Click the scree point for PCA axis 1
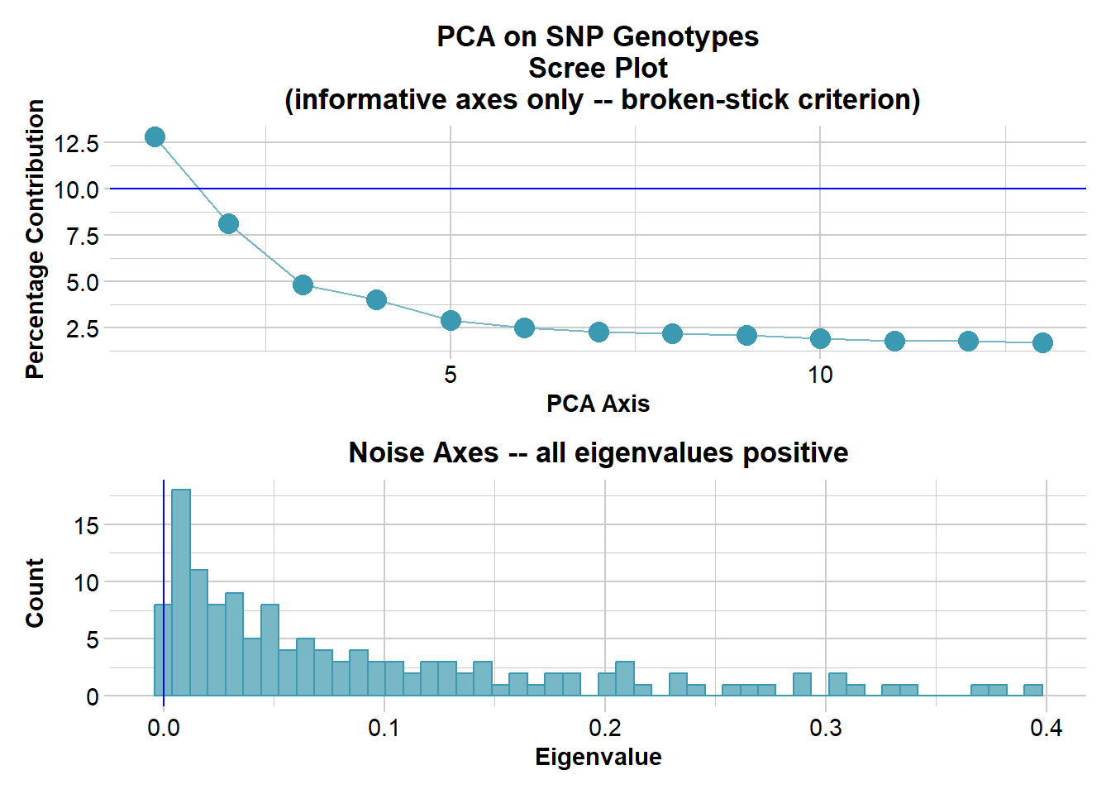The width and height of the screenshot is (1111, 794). [155, 136]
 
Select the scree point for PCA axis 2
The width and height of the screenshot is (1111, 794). [228, 223]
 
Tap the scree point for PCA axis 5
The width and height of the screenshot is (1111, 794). [451, 320]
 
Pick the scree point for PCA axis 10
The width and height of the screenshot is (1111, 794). [820, 338]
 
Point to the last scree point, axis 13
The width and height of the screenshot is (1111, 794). [1042, 342]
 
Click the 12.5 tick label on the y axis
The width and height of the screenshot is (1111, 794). [77, 143]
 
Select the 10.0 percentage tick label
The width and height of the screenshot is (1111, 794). [77, 189]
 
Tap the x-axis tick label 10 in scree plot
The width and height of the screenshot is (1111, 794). [820, 375]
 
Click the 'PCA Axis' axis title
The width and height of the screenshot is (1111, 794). [598, 404]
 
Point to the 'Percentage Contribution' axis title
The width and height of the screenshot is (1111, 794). [35, 239]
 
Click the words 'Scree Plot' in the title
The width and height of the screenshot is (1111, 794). [598, 68]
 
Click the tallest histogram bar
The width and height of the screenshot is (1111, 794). [181, 592]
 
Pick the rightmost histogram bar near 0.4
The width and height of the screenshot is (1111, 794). [1033, 690]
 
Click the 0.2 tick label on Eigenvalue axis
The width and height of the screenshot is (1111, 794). [604, 728]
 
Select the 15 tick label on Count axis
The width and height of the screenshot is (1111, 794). [86, 525]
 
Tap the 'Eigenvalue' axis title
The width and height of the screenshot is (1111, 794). [598, 757]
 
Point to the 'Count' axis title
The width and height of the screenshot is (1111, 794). [35, 592]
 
